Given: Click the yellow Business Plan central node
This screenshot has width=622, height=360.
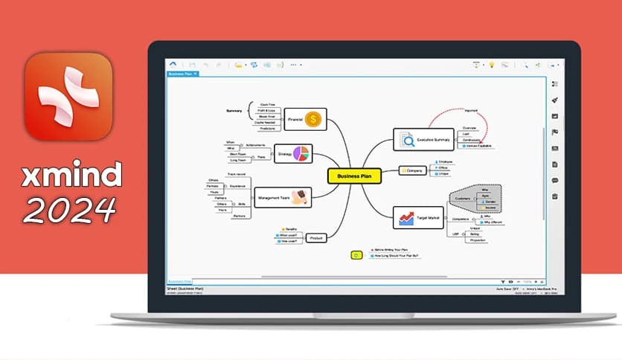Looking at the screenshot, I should coord(354,176).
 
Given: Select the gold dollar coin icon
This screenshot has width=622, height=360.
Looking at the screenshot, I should coord(315,118).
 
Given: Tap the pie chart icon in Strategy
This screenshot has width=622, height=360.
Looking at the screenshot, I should coord(301,153).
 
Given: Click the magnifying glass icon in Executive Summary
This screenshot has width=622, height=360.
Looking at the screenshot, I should coord(406,139).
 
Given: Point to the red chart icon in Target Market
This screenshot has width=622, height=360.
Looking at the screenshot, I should coord(406,218).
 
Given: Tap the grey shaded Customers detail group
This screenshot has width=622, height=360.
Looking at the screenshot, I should coord(476,199).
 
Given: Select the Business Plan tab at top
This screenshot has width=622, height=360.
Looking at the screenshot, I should coord(181,74).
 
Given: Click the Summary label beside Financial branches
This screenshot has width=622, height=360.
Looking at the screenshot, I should coord(234,111).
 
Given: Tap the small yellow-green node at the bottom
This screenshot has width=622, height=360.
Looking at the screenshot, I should coord(356,255).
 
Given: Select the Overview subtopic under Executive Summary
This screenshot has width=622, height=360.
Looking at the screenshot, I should coord(470,128).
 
